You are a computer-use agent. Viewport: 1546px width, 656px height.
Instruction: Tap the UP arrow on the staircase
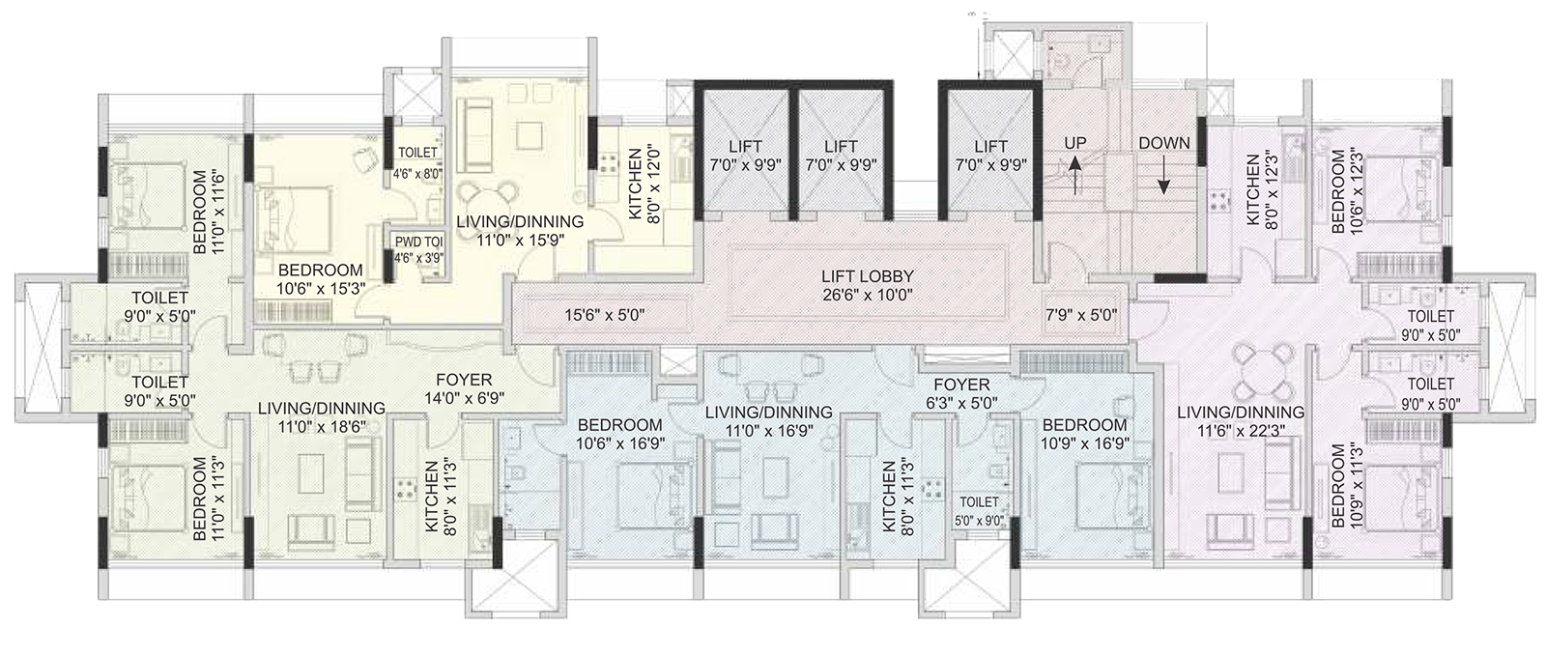pyautogui.click(x=1075, y=178)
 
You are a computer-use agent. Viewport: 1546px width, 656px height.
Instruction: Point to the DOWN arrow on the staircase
pyautogui.click(x=1163, y=178)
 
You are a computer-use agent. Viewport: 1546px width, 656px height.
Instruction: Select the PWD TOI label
pyautogui.click(x=417, y=242)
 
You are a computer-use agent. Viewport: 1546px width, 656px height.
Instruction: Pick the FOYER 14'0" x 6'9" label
pyautogui.click(x=464, y=388)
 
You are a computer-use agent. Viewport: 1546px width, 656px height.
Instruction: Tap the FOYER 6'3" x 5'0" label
pyautogui.click(x=960, y=393)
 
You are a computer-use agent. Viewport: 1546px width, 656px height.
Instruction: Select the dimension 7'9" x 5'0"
pyautogui.click(x=1081, y=314)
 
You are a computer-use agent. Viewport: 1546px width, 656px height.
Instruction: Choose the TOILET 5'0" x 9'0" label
pyautogui.click(x=979, y=510)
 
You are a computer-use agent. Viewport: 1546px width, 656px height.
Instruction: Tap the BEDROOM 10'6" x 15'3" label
pyautogui.click(x=320, y=279)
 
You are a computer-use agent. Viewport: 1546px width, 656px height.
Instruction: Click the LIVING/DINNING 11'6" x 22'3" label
pyautogui.click(x=1240, y=422)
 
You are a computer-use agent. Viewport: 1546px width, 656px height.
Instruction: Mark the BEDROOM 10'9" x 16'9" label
pyautogui.click(x=1084, y=434)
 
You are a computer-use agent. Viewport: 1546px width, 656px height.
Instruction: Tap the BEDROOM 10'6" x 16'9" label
pyautogui.click(x=619, y=434)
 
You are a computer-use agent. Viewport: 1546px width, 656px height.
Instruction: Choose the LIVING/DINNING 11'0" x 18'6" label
pyautogui.click(x=321, y=417)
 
